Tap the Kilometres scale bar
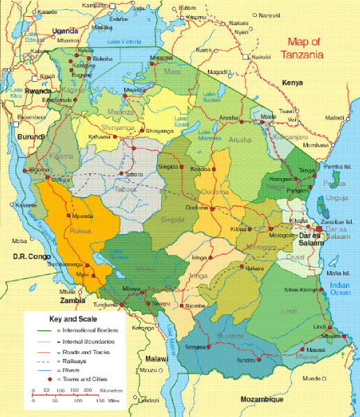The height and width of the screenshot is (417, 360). coord(66,393)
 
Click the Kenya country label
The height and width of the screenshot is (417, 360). coord(292,83)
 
